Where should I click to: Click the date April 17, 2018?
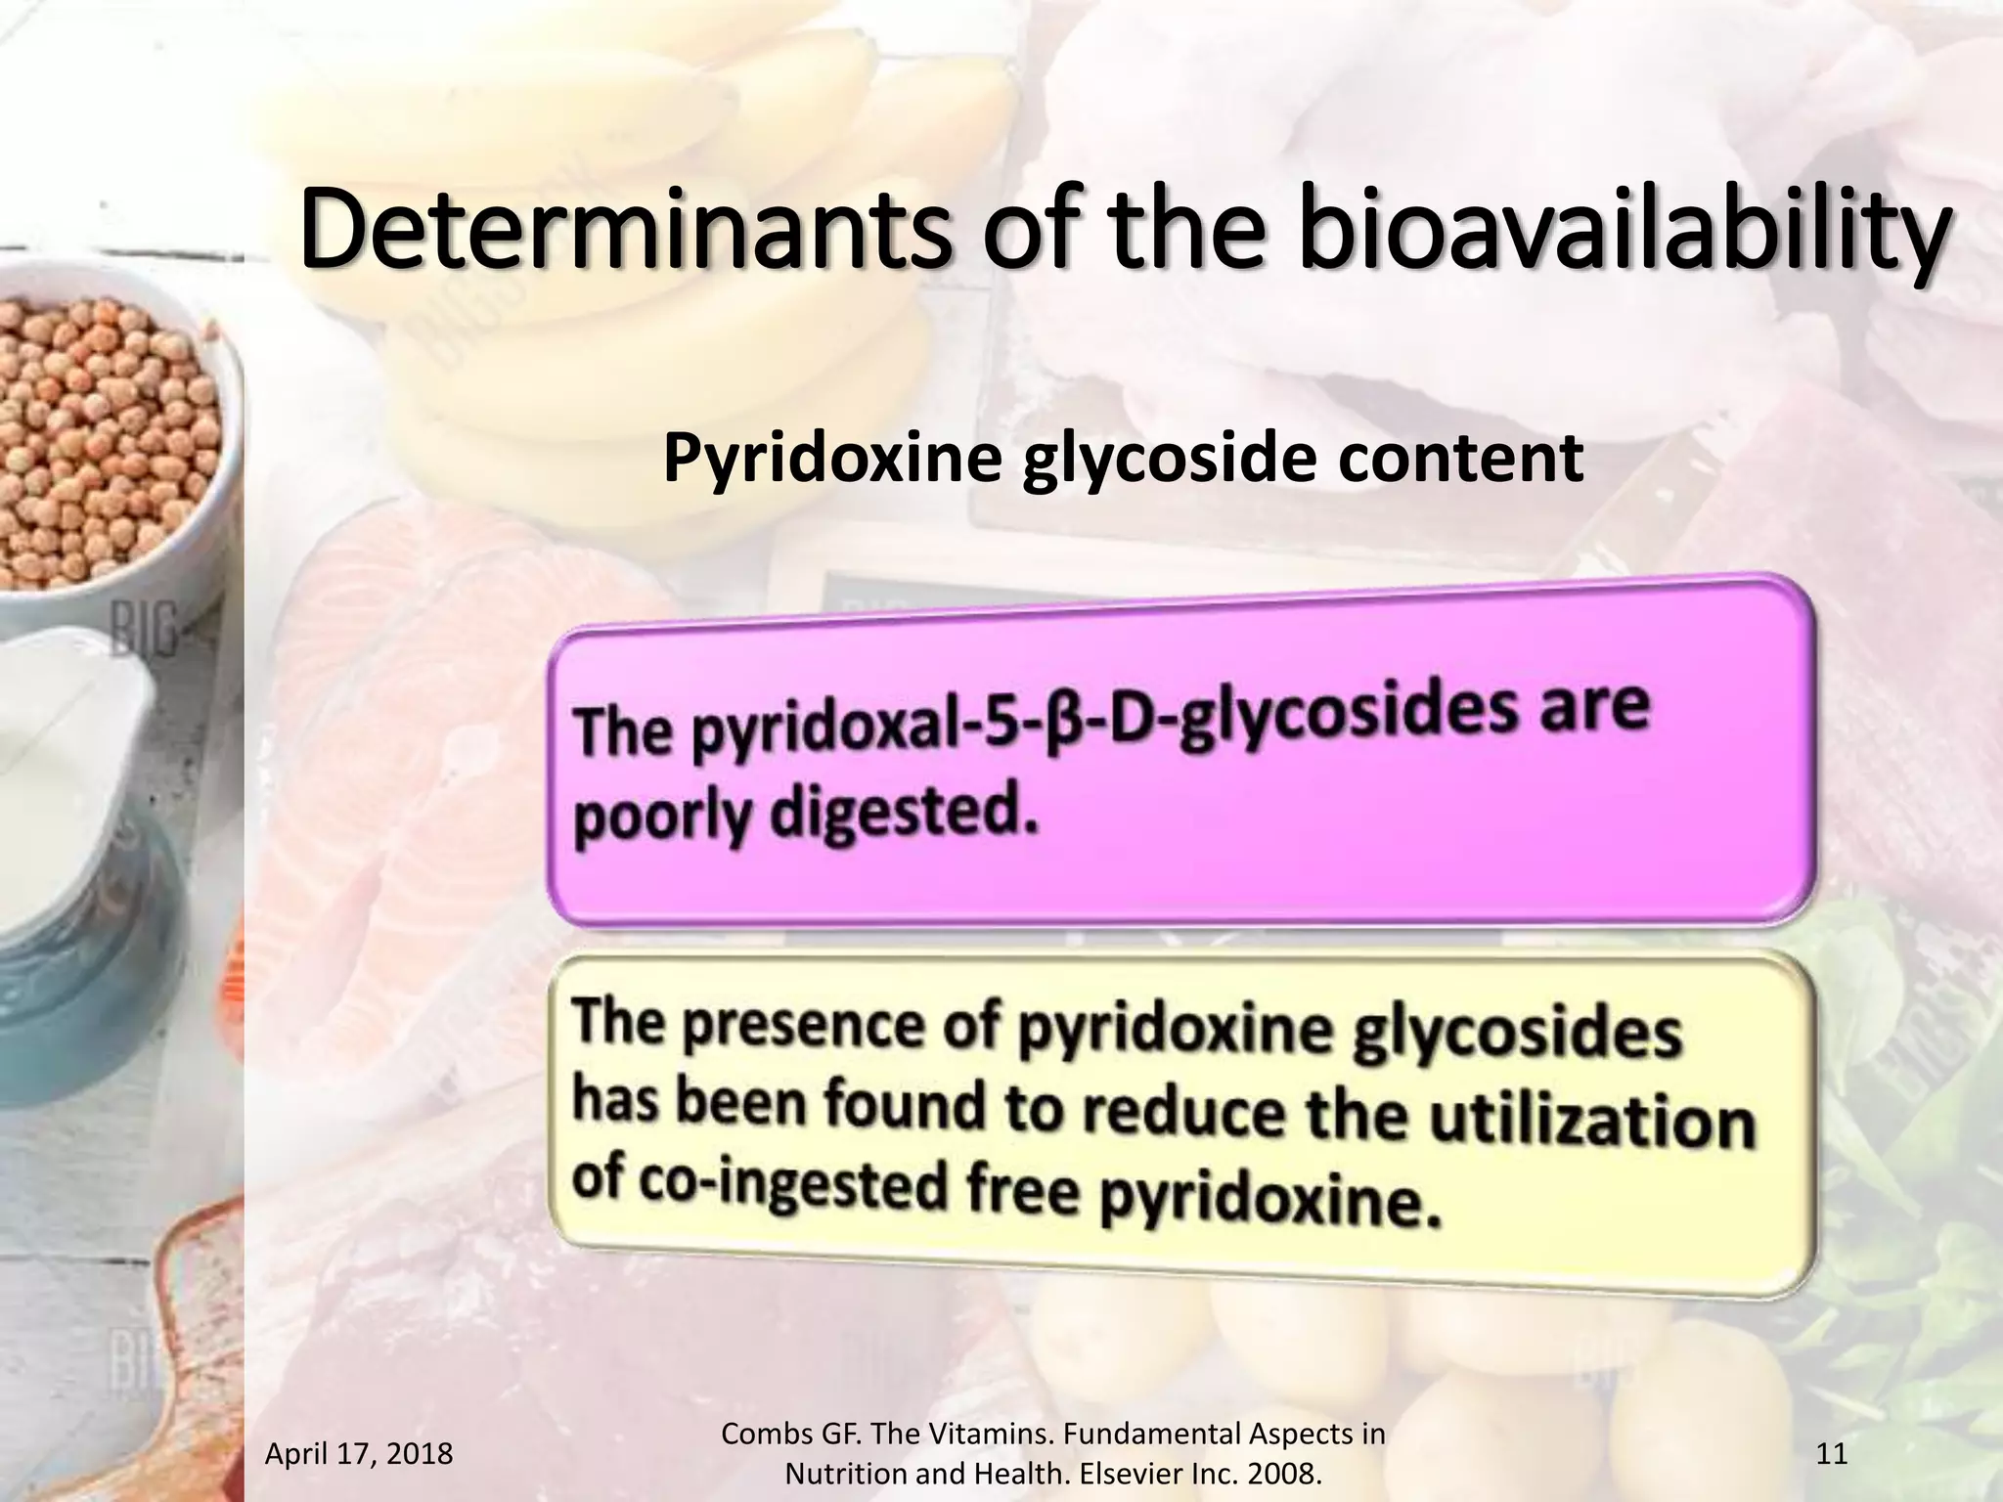click(x=359, y=1454)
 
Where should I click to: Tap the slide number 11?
click(x=1832, y=1454)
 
